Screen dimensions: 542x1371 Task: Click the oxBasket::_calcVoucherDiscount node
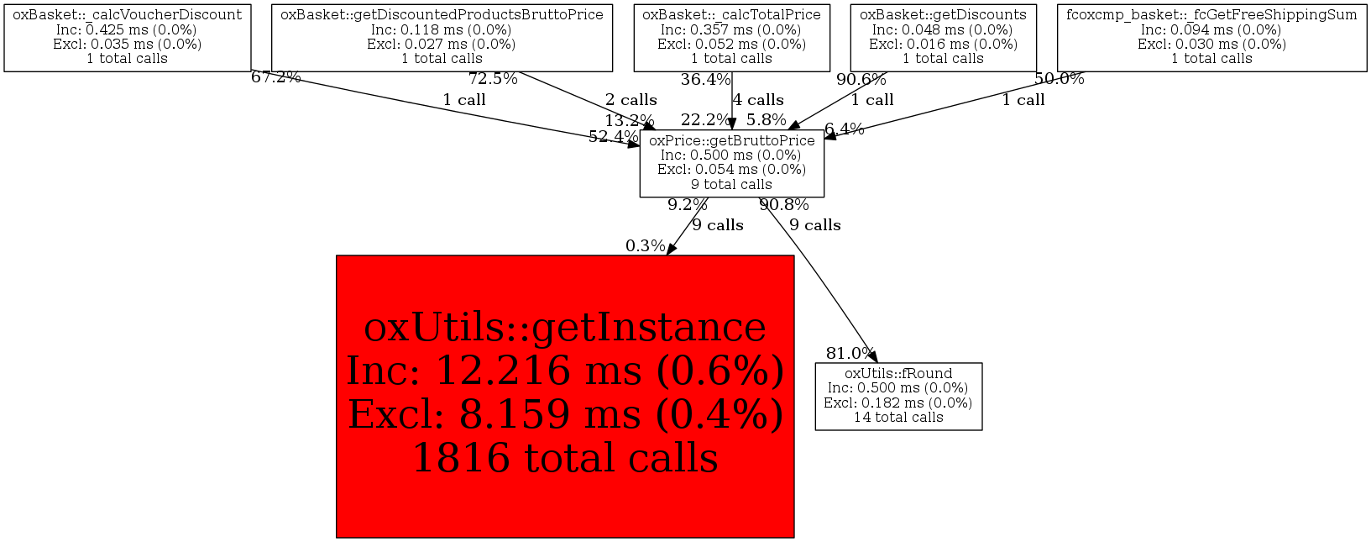[x=128, y=37]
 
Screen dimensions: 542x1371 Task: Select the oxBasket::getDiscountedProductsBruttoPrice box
[x=442, y=37]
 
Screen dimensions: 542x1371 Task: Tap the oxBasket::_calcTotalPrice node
[x=731, y=37]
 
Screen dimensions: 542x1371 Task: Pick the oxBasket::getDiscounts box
[x=943, y=37]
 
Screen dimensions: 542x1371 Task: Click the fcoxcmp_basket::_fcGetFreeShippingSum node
[x=1211, y=37]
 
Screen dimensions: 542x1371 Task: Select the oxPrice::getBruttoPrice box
[x=731, y=163]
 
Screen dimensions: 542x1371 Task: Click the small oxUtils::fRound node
[x=898, y=396]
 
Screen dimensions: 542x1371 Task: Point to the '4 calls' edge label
[x=757, y=100]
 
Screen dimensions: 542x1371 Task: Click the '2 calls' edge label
[x=631, y=100]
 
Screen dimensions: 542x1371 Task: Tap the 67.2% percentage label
[x=275, y=77]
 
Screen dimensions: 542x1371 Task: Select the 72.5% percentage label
[x=493, y=79]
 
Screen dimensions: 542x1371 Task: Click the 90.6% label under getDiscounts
[x=861, y=80]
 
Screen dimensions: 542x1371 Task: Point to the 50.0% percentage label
[x=1059, y=79]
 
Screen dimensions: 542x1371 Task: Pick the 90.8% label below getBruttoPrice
[x=784, y=205]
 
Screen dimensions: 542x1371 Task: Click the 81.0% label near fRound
[x=850, y=354]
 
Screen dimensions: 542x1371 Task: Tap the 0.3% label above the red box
[x=645, y=246]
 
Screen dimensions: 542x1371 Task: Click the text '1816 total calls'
[x=565, y=458]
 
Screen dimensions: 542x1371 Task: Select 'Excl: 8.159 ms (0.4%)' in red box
[x=565, y=414]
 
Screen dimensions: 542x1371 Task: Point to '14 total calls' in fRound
[x=898, y=418]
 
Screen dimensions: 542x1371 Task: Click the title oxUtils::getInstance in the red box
[x=565, y=327]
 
